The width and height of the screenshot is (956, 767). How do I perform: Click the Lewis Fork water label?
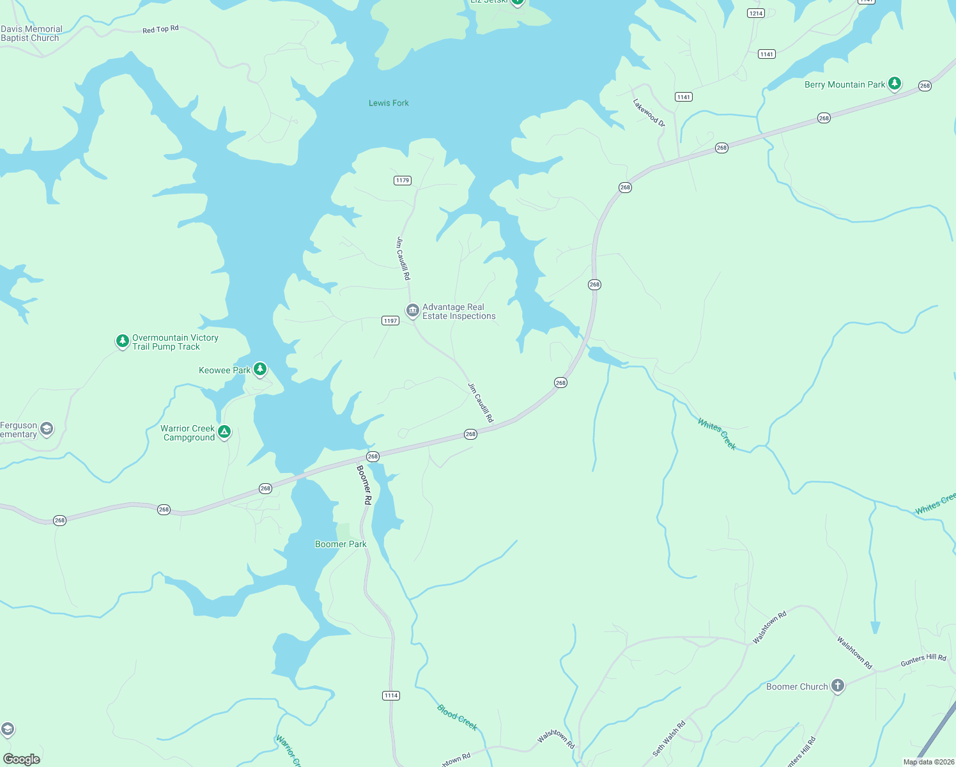pos(389,103)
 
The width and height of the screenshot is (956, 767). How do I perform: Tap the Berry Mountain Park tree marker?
pos(895,83)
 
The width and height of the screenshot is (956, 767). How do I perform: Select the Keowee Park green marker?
pos(259,369)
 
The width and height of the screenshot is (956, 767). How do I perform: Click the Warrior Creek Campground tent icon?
pos(224,432)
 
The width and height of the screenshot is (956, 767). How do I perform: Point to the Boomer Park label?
pos(341,545)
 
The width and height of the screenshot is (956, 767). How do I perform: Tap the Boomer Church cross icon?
pos(837,686)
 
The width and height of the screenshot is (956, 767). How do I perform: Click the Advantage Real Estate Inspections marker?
pos(412,311)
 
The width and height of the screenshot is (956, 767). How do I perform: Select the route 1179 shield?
pos(402,180)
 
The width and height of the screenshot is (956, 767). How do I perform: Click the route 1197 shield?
pos(390,321)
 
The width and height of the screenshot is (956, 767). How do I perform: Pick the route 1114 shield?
pos(391,695)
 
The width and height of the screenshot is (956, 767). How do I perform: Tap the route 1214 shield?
pos(756,13)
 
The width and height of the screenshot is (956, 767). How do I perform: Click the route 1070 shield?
pos(684,97)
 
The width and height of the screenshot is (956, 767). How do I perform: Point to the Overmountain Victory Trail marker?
pos(122,341)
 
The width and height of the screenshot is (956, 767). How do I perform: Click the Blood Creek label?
pos(457,717)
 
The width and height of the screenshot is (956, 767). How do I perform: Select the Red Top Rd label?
pos(160,29)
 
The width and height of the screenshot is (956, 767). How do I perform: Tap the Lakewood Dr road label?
pos(649,112)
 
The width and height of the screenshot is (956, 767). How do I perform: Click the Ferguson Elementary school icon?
pos(47,429)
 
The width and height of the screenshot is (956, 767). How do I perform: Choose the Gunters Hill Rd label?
pos(923,660)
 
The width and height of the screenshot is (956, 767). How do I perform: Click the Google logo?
pos(22,759)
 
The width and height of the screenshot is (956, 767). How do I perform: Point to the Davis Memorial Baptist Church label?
pos(31,33)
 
